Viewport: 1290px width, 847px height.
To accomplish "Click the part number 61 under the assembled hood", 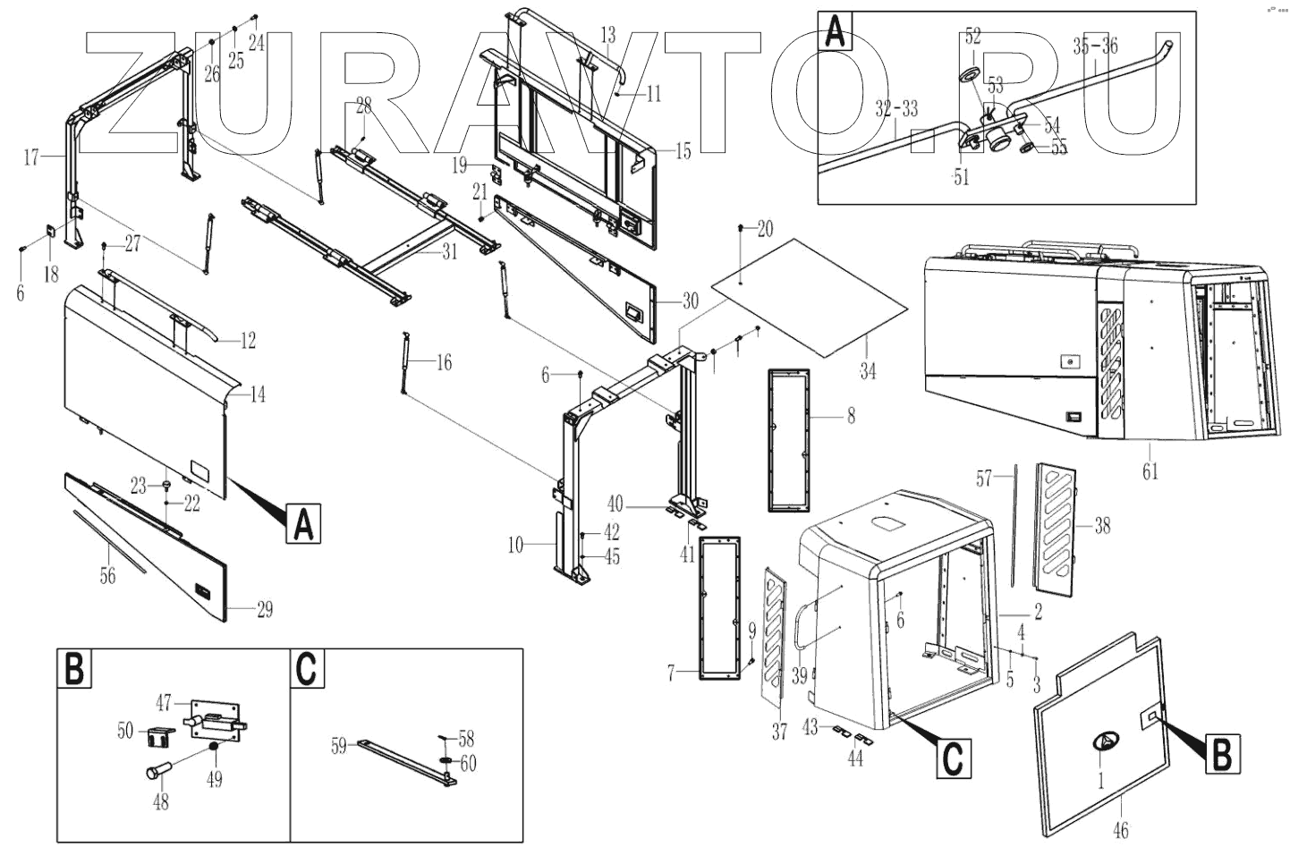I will tap(1150, 470).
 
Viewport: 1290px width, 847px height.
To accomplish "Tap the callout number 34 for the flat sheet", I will tap(868, 369).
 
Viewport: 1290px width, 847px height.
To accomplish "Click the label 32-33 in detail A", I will tap(897, 109).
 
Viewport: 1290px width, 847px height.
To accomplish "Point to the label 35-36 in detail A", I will tap(1096, 47).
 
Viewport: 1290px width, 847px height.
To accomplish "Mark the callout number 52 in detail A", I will tap(972, 38).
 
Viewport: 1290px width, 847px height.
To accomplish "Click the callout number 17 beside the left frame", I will tap(31, 158).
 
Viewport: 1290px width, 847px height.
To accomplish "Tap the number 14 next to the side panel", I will tap(258, 394).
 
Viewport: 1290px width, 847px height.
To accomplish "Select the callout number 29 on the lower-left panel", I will tap(264, 611).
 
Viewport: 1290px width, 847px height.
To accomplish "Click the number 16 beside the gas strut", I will tap(444, 362).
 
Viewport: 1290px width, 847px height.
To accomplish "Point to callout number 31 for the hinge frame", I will tap(449, 252).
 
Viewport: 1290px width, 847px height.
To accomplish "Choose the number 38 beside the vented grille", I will tap(1102, 526).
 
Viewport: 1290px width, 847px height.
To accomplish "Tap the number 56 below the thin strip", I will tap(107, 577).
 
